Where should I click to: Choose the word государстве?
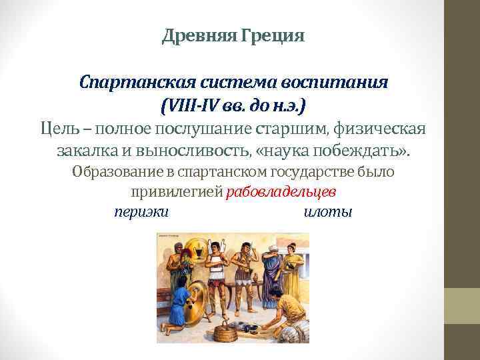(x=311, y=171)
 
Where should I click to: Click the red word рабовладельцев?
(x=281, y=192)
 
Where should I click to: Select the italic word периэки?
(x=141, y=212)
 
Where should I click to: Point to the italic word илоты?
(x=327, y=212)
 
